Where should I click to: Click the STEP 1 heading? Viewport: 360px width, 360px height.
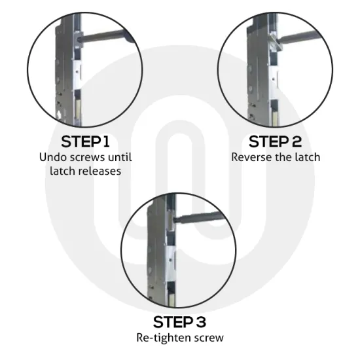pos(85,141)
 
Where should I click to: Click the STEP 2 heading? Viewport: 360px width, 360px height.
pos(275,141)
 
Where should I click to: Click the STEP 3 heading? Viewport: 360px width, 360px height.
pos(179,322)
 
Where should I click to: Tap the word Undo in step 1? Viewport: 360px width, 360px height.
pos(52,157)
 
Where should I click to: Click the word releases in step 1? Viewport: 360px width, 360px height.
pos(101,171)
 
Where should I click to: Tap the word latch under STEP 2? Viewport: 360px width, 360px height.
pos(307,157)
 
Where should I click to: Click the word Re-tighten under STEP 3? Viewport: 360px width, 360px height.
pos(164,338)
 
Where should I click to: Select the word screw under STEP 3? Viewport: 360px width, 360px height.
pos(209,338)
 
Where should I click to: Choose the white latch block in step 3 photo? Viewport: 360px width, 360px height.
pos(171,261)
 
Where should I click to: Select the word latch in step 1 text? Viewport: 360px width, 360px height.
pos(62,171)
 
